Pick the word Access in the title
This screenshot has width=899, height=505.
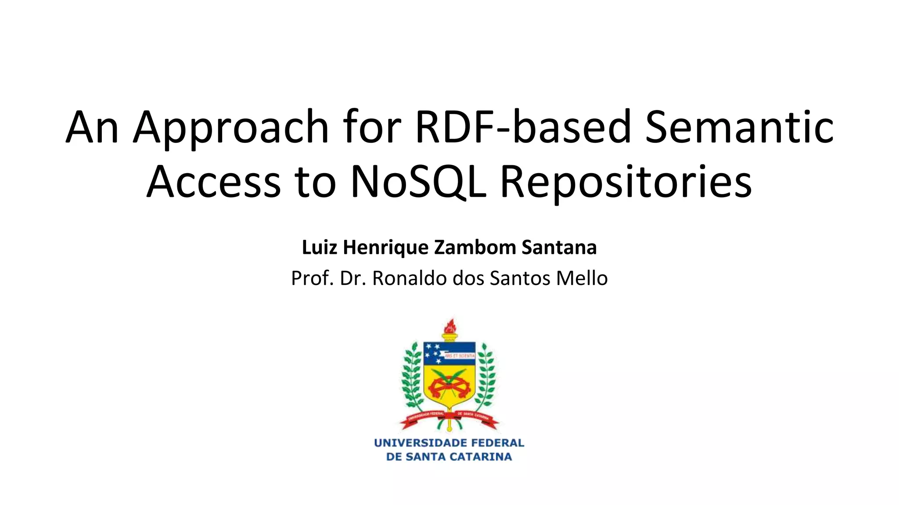tap(213, 181)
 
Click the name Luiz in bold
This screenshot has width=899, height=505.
tap(320, 247)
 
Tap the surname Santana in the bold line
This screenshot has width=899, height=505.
tap(559, 247)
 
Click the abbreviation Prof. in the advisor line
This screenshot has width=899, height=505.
tap(312, 278)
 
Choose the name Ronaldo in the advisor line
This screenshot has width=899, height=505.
tap(409, 278)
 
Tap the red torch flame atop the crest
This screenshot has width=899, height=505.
tap(449, 327)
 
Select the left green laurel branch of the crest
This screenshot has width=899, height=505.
tap(412, 377)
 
